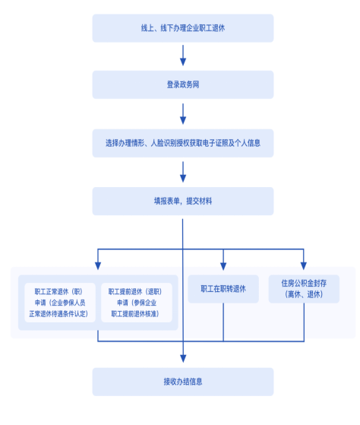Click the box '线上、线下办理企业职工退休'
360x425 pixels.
(x=183, y=28)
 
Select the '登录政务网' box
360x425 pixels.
(x=183, y=84)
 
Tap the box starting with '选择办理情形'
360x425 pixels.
(x=183, y=143)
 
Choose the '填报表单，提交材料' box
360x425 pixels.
(x=183, y=201)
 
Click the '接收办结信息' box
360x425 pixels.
(x=183, y=382)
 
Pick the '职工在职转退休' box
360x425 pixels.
(x=223, y=289)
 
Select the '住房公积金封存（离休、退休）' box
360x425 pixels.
(x=304, y=289)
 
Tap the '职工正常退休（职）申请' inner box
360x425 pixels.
(x=60, y=303)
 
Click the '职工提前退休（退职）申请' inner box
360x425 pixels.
(x=137, y=303)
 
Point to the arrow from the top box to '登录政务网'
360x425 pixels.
(x=183, y=56)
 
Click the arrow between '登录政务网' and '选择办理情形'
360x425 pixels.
(x=183, y=114)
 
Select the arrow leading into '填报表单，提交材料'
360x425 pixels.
(x=183, y=172)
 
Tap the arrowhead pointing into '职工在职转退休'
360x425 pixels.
(x=223, y=266)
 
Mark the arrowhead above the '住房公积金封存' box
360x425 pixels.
(x=304, y=266)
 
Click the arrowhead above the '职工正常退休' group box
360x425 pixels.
(x=98, y=266)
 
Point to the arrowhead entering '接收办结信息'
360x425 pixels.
(x=183, y=359)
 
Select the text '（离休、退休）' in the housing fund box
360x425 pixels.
(x=304, y=294)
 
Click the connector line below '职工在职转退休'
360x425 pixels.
(x=223, y=322)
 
